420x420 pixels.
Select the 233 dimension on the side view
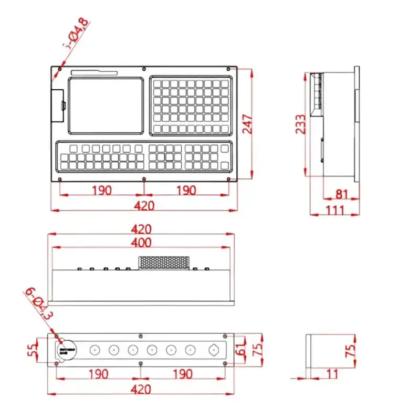coord(300,124)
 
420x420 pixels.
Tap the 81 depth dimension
coord(342,194)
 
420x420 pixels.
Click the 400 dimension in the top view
coord(142,243)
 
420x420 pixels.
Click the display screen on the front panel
coord(105,105)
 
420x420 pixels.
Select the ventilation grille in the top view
coord(164,262)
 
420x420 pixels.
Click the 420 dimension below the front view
coord(144,205)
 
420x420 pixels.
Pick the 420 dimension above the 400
coord(142,229)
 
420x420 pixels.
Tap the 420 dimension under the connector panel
coord(142,389)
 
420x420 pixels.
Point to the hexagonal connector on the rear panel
coord(214,350)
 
